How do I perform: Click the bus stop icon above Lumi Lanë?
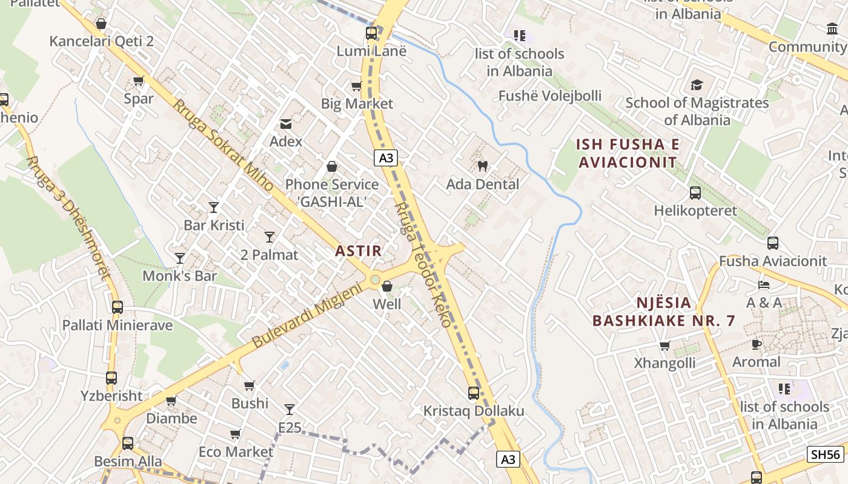(x=371, y=33)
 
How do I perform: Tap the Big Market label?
(x=357, y=103)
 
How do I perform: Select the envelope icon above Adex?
(x=285, y=124)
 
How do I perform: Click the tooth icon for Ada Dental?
(x=483, y=166)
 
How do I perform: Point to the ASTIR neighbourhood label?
(x=359, y=251)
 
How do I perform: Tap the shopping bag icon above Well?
(x=386, y=286)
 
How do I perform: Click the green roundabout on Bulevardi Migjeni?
(x=375, y=280)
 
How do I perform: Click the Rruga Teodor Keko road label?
(x=423, y=265)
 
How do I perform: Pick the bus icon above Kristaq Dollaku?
(x=474, y=393)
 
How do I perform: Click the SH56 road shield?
(x=825, y=454)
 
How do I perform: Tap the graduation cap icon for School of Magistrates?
(x=697, y=85)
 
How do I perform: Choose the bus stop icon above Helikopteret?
(x=695, y=193)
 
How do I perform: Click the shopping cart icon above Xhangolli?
(x=664, y=345)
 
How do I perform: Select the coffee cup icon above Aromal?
(x=756, y=344)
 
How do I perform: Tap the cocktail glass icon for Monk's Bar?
(x=180, y=258)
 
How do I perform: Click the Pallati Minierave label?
(x=118, y=325)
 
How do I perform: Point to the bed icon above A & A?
(x=764, y=285)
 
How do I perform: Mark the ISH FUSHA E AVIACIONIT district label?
(x=628, y=153)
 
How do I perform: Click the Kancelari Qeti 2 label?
(x=101, y=41)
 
